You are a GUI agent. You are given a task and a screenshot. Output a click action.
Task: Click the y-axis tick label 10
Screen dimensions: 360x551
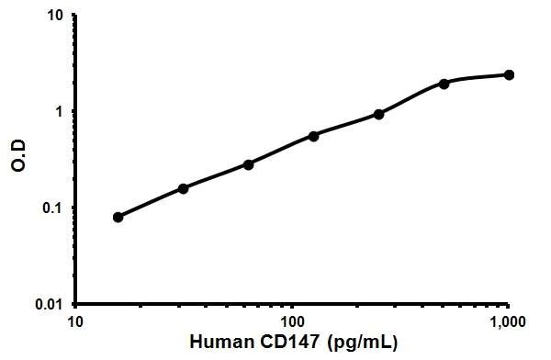point(56,16)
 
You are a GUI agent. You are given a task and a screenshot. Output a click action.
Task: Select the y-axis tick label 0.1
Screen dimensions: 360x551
point(54,208)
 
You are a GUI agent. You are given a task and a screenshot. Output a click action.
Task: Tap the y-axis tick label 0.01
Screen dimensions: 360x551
point(51,304)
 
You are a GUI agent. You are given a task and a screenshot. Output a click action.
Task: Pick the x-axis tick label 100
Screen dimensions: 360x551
point(292,322)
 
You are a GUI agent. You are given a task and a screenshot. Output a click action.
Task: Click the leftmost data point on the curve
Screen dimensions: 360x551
point(118,218)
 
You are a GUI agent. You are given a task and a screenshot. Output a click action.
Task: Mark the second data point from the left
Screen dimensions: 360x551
point(183,188)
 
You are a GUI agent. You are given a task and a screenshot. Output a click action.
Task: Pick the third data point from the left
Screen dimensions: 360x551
point(248,164)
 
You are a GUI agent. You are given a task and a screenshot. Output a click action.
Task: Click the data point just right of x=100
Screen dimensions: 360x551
point(313,136)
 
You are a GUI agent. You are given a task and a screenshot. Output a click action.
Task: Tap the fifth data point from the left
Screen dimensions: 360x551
point(378,114)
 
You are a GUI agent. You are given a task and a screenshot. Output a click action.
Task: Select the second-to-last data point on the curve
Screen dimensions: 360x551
point(444,84)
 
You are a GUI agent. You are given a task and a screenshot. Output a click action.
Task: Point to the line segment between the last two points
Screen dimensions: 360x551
point(478,78)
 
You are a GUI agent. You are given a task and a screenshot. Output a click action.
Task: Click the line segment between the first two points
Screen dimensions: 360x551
point(150,203)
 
